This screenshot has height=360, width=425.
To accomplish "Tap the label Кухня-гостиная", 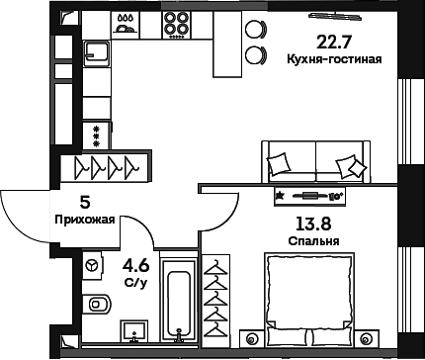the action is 334,59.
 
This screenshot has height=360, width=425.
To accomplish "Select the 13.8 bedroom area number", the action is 313,225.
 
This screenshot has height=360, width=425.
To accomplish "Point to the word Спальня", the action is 313,241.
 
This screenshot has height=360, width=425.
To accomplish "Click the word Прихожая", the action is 85,220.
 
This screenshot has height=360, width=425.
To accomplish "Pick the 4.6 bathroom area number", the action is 135,266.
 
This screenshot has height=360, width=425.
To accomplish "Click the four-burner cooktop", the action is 176,25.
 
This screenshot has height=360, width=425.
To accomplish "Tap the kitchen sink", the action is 96,53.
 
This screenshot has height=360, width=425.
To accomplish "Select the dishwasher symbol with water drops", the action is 126,25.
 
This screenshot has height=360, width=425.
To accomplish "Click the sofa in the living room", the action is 316,162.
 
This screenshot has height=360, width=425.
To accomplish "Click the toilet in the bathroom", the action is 97,304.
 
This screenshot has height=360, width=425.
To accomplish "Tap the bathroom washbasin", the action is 133,331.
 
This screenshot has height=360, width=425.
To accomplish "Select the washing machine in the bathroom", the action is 92,265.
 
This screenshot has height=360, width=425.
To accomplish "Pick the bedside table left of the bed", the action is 252,338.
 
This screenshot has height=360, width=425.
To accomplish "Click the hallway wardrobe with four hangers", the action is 106,167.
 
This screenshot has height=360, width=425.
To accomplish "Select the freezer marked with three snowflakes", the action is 97,135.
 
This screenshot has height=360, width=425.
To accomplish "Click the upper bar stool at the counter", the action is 255,29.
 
